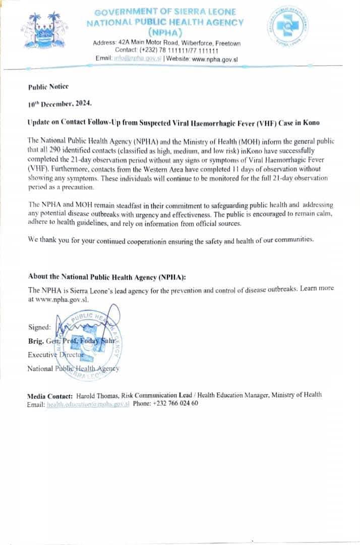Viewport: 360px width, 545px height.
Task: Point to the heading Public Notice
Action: (48, 87)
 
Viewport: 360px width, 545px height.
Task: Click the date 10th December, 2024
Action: (60, 104)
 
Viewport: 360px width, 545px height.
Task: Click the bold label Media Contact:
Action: (50, 395)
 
